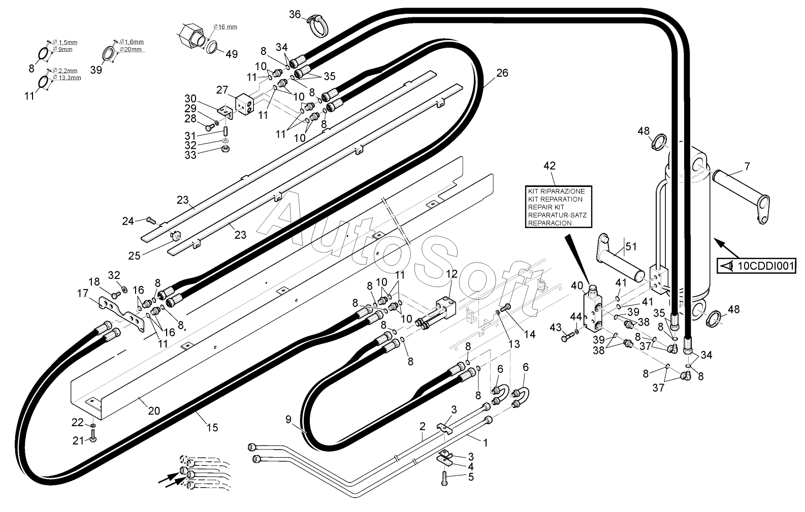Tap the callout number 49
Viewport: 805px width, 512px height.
(x=232, y=54)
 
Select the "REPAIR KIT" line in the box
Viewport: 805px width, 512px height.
(x=546, y=207)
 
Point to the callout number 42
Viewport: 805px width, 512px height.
(x=550, y=166)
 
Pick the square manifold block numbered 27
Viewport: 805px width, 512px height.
(x=245, y=105)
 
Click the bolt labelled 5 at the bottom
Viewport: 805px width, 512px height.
(x=444, y=478)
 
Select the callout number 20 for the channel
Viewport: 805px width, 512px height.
(x=154, y=411)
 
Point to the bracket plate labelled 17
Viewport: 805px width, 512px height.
(x=122, y=312)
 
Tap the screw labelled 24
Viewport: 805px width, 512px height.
(x=150, y=219)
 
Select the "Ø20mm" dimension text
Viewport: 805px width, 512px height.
(x=131, y=49)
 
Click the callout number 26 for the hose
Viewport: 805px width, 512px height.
(x=502, y=73)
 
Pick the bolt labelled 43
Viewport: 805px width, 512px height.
(x=567, y=337)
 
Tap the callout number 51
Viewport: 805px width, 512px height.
(x=631, y=246)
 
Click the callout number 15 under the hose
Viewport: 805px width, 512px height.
(x=212, y=428)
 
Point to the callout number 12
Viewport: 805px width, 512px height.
(x=452, y=274)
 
